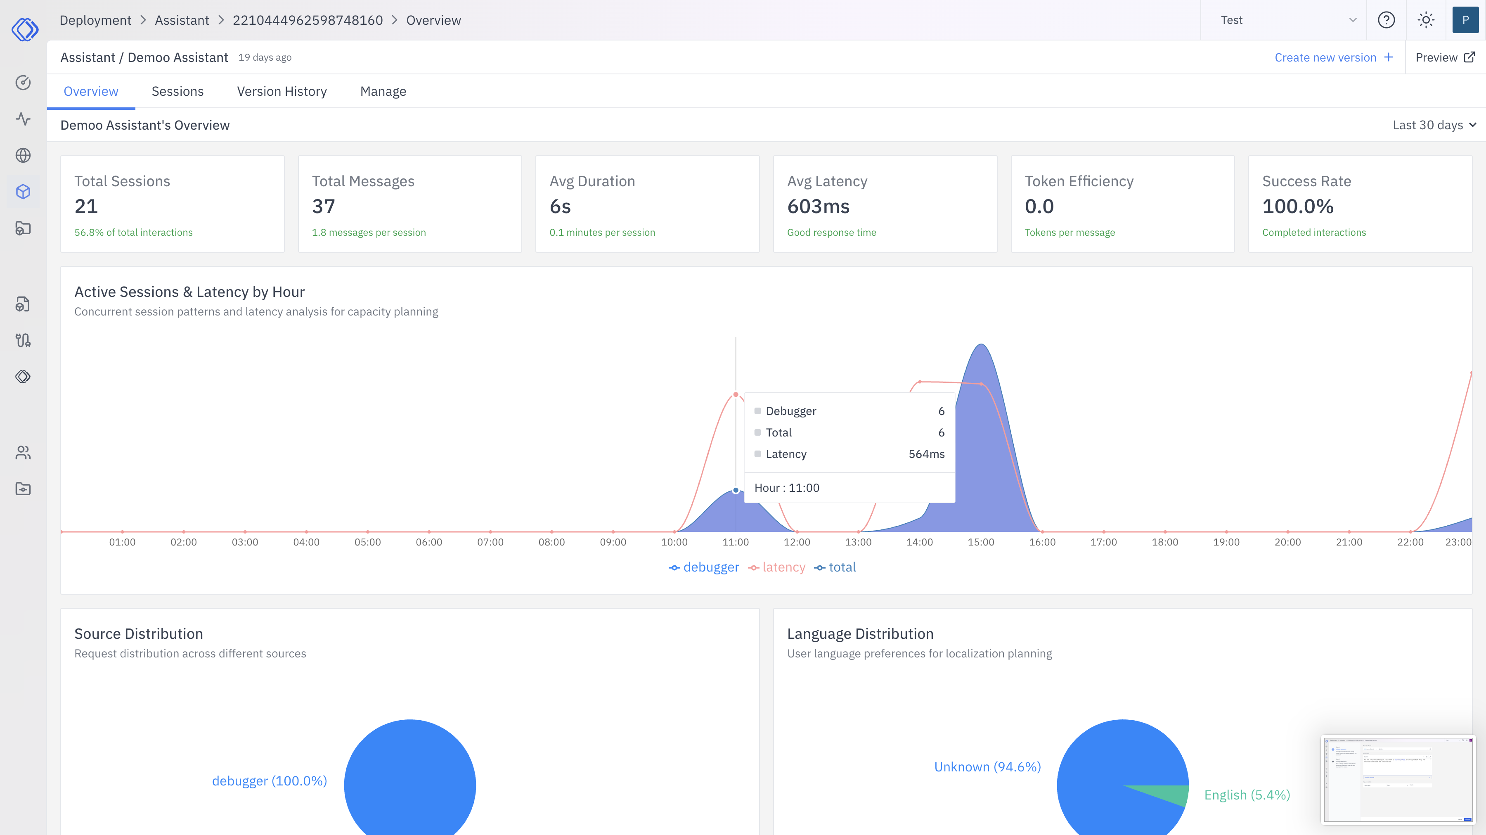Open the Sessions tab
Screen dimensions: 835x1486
click(x=177, y=91)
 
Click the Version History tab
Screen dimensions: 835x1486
click(x=282, y=91)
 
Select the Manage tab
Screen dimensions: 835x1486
click(x=383, y=91)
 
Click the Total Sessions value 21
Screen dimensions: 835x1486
click(x=86, y=206)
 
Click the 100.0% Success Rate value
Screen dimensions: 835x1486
click(x=1297, y=206)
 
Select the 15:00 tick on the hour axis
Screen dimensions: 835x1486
click(x=981, y=542)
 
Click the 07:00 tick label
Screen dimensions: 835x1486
click(x=490, y=542)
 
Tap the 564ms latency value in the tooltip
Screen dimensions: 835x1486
click(x=926, y=453)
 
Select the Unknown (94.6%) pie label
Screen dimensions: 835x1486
click(x=987, y=766)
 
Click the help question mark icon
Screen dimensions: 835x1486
click(x=1386, y=20)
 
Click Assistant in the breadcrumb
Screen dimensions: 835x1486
click(x=182, y=20)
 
